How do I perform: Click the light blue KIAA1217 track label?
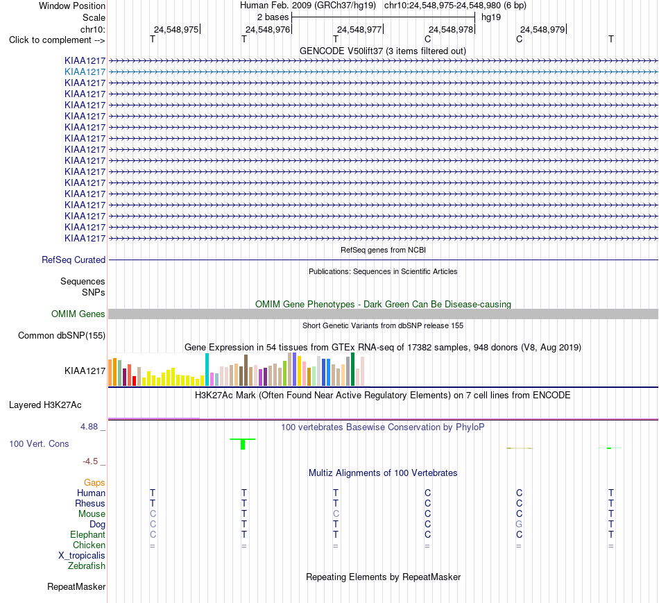tap(85, 72)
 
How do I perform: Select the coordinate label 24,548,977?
tap(359, 29)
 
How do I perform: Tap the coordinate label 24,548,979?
tap(542, 29)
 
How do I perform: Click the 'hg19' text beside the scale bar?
tap(491, 17)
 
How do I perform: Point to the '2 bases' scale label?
tap(273, 17)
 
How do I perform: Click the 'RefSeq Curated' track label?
tap(74, 260)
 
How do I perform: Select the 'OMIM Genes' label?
tap(78, 314)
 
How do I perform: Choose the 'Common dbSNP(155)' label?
tap(62, 336)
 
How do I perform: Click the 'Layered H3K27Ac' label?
tap(45, 405)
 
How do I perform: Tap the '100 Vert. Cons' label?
tap(39, 443)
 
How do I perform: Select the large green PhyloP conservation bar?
tap(243, 443)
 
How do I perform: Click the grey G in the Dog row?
tap(519, 525)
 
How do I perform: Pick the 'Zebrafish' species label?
tap(87, 566)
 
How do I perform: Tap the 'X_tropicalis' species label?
tap(82, 556)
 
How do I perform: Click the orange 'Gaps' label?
tap(94, 483)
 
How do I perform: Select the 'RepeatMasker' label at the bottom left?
tap(76, 586)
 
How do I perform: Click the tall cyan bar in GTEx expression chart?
tap(207, 370)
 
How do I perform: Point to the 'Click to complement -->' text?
tap(57, 40)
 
